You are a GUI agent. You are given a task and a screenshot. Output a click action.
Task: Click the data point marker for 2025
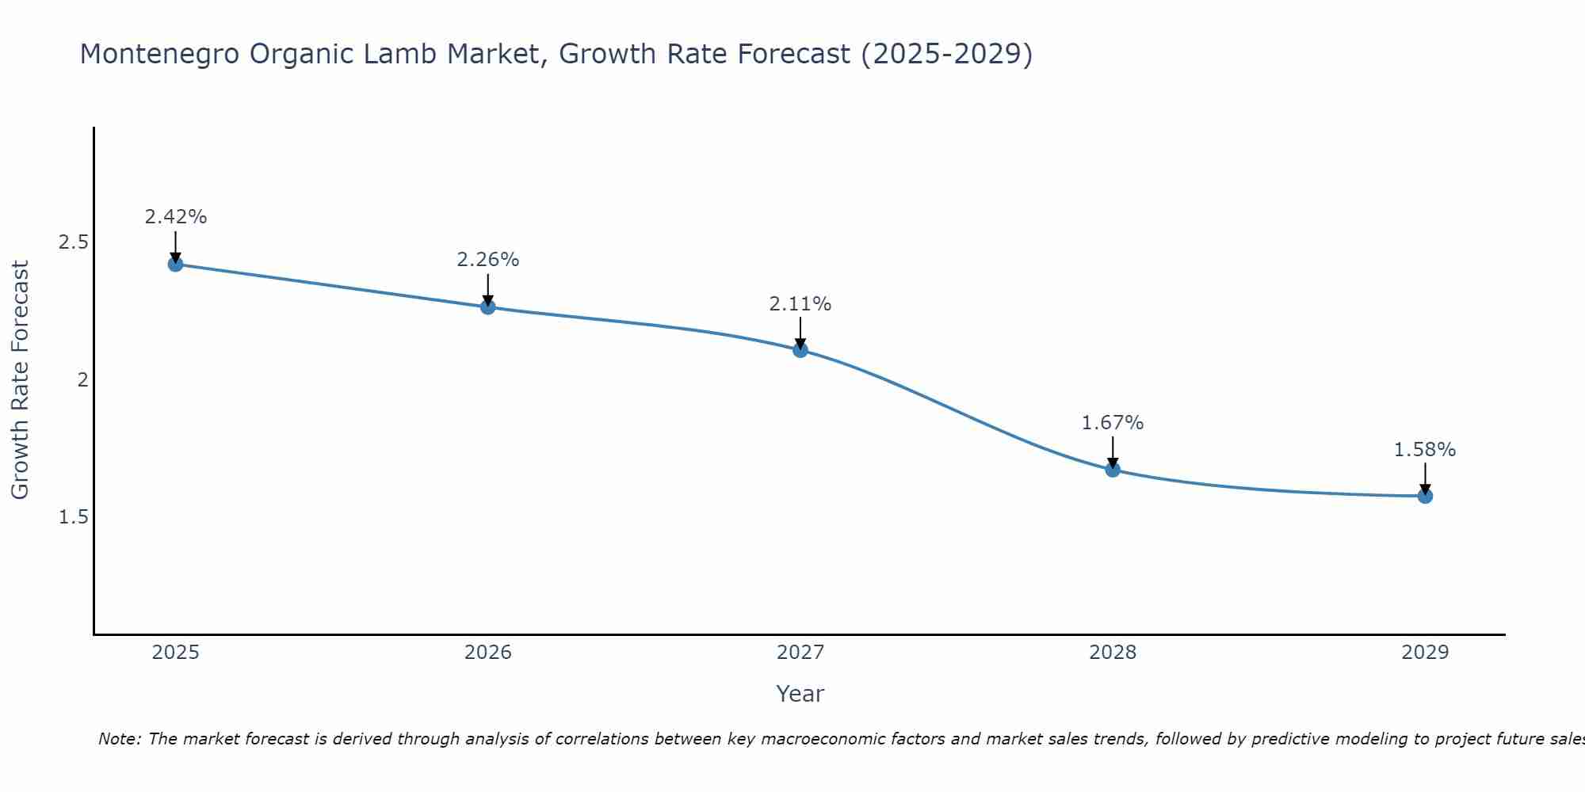coord(176,264)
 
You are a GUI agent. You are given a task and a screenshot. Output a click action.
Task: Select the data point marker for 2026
coord(488,307)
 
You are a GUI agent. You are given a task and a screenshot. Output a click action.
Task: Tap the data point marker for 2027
coord(800,349)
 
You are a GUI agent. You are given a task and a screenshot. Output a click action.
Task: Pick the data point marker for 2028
coord(1113,470)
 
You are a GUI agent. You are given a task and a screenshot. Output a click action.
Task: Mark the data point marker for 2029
coord(1425,496)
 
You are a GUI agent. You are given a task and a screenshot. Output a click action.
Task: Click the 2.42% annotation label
coord(176,217)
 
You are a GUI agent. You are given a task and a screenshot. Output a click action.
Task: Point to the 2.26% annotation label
coord(488,260)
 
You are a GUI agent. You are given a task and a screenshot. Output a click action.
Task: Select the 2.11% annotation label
coord(800,304)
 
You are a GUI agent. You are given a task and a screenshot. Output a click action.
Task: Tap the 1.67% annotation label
coord(1113,423)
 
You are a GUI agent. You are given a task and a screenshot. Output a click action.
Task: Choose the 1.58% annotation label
coord(1425,450)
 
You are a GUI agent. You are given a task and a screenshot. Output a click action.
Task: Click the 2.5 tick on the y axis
coord(73,242)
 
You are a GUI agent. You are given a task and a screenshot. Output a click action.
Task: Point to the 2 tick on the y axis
coord(82,380)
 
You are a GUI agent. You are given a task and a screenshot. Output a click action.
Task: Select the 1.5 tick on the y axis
coord(73,517)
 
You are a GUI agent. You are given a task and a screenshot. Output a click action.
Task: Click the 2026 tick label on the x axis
coord(488,653)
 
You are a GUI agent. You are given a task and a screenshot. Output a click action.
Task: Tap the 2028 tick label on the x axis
coord(1113,653)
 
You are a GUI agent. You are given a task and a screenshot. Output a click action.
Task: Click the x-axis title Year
coord(800,694)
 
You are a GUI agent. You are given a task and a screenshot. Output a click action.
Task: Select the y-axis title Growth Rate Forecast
coord(21,380)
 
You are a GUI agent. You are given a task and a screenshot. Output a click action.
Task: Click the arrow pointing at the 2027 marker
coord(800,333)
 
